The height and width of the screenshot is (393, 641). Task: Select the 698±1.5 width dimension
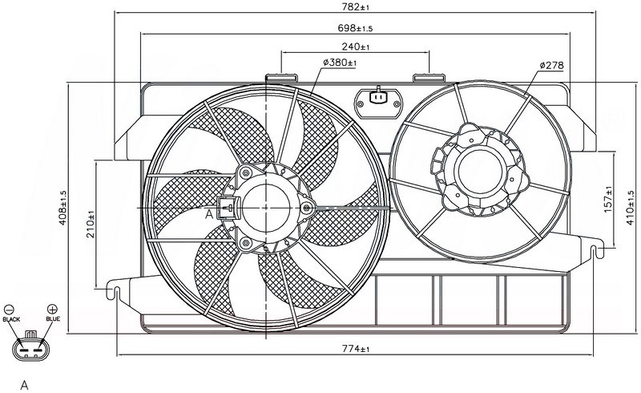355,28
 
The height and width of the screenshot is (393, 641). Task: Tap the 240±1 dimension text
356,47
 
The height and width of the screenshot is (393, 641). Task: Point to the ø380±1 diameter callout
340,63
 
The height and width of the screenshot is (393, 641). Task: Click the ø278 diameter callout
551,65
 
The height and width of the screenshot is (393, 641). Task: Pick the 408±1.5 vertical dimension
63,208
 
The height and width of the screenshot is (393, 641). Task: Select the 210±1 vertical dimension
91,224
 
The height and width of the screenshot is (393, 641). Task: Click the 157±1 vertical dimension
608,200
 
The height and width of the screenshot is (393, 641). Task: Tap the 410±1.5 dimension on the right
630,208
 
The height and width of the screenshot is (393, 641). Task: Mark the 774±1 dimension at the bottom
356,349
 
